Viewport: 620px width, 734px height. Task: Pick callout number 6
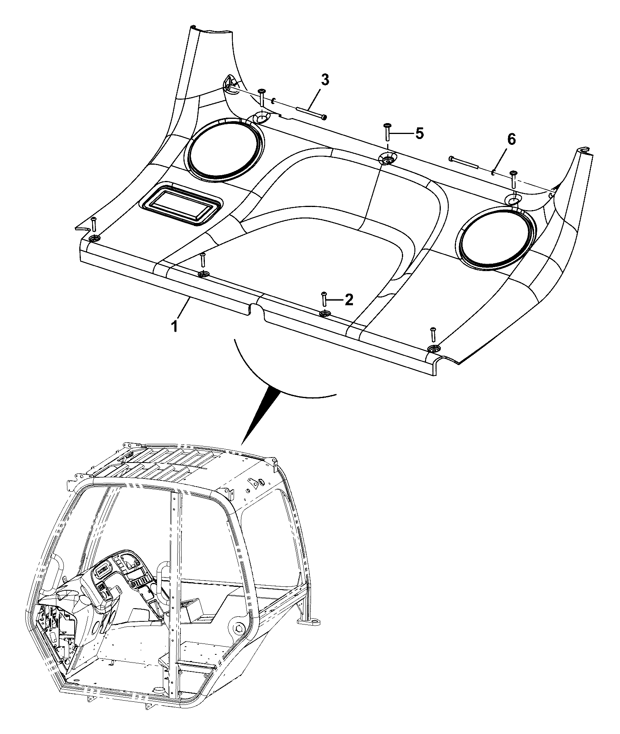click(511, 139)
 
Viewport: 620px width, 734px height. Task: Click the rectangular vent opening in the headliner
click(181, 203)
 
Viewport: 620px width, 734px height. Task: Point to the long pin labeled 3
click(312, 112)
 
